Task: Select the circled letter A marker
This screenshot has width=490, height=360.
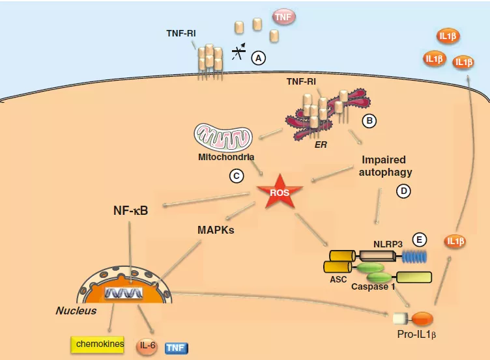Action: tap(259, 58)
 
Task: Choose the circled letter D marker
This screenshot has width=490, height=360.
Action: tap(404, 191)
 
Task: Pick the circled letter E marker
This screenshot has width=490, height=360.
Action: tap(421, 240)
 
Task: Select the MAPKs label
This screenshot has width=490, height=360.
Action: tap(216, 230)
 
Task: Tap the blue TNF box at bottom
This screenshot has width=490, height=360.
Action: tap(176, 348)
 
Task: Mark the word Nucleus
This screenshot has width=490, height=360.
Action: tap(76, 311)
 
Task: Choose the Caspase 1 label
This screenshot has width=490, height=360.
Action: tap(373, 286)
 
